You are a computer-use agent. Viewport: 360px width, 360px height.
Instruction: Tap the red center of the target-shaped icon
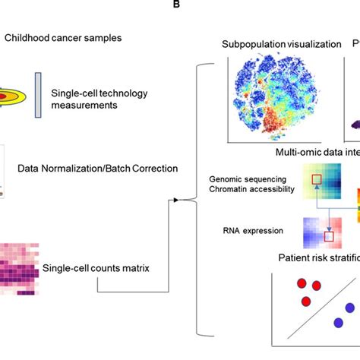pyautogui.click(x=3, y=96)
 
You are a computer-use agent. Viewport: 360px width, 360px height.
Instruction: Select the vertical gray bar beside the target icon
pyautogui.click(x=38, y=96)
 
